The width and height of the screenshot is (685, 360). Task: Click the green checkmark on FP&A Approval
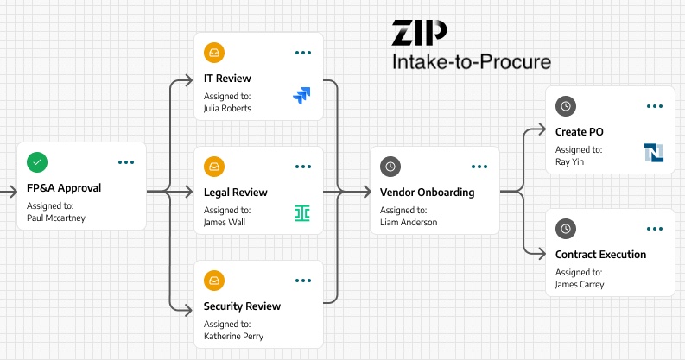click(x=37, y=161)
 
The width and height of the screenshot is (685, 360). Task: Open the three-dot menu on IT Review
click(x=303, y=53)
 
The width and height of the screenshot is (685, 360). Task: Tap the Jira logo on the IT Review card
click(x=301, y=96)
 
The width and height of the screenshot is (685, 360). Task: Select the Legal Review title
click(x=235, y=193)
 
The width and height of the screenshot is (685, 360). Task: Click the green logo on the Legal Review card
click(x=301, y=212)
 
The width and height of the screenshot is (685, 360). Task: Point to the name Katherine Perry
click(x=233, y=336)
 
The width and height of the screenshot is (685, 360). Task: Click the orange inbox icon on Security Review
click(x=214, y=281)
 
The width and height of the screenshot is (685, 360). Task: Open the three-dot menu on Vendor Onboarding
click(x=479, y=167)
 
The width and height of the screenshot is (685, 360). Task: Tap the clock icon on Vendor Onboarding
click(x=390, y=166)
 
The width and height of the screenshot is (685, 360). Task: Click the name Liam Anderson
click(x=409, y=222)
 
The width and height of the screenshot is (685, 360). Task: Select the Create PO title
click(x=579, y=132)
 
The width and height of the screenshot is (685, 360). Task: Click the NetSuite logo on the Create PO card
click(x=653, y=153)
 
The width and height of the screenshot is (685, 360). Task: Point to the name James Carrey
click(x=580, y=284)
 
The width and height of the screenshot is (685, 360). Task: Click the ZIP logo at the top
click(x=419, y=33)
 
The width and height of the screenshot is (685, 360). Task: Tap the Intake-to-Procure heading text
click(x=471, y=62)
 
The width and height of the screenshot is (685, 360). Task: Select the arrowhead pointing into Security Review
click(x=189, y=308)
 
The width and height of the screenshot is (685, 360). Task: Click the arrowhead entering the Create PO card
click(x=542, y=131)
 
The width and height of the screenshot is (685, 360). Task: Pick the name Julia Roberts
click(x=227, y=109)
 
